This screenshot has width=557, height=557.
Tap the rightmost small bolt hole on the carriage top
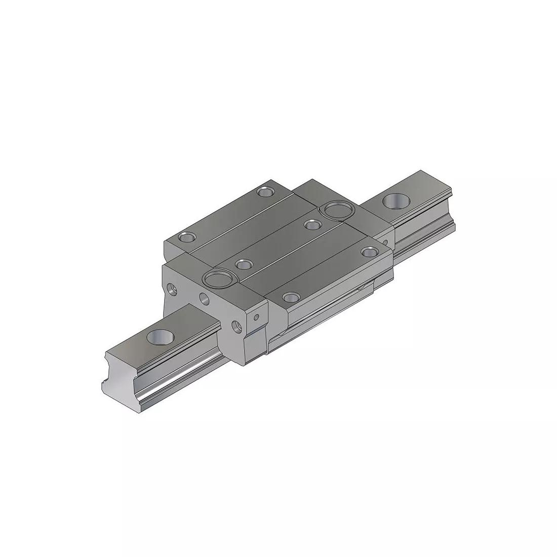coord(369,251)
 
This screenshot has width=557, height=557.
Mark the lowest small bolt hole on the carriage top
coord(290,297)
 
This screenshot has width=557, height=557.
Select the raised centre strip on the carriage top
coord(278,243)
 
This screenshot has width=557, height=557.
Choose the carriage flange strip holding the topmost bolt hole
coord(228,213)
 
